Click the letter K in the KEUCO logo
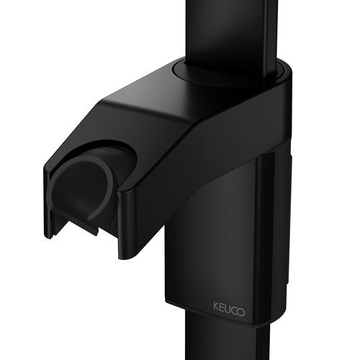click(x=216, y=306)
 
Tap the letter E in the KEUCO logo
click(x=221, y=307)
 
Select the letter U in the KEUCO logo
click(x=227, y=309)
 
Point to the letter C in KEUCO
click(x=233, y=310)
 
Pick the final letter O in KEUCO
click(x=241, y=312)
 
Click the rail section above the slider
click(x=232, y=34)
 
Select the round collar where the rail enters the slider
click(x=229, y=72)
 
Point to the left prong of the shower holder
click(x=48, y=204)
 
